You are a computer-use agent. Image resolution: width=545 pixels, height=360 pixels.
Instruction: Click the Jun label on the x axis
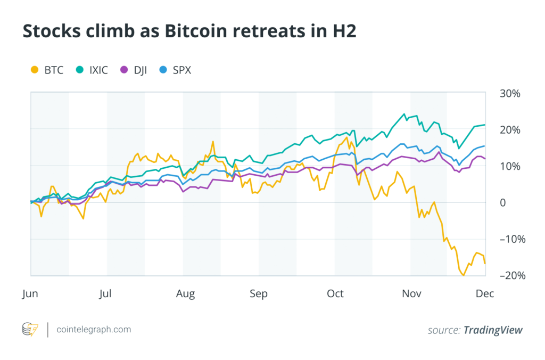30,293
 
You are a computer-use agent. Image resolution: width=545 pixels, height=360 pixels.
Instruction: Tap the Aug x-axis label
185,293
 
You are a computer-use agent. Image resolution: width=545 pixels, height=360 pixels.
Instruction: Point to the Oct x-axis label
335,293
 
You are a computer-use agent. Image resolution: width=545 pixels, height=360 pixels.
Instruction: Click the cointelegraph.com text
94,330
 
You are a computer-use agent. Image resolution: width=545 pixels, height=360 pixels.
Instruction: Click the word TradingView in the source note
493,330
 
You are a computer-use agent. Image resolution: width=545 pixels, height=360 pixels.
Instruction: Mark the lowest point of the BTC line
463,275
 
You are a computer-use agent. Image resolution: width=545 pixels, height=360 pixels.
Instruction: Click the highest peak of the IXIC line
405,114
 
